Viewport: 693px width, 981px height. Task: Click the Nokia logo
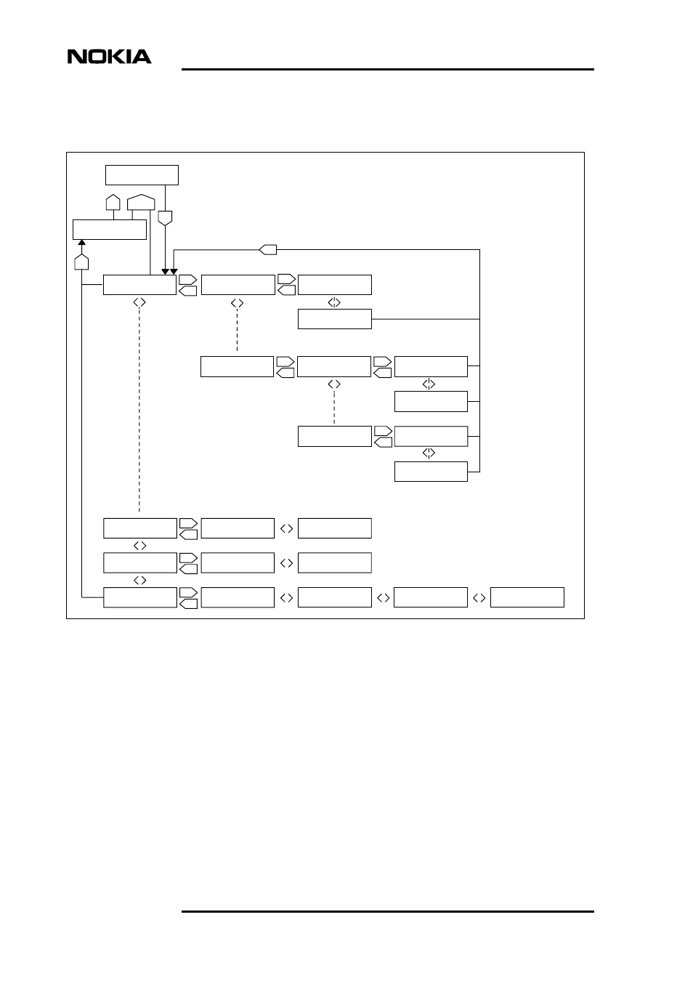(110, 57)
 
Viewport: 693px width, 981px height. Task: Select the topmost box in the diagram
(142, 175)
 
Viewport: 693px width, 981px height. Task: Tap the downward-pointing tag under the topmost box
(166, 217)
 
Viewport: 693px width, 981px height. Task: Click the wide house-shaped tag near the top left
(140, 202)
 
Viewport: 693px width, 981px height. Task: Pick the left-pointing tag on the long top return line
(268, 250)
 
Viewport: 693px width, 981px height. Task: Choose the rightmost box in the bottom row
(527, 597)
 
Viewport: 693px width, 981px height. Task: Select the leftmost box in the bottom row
(139, 597)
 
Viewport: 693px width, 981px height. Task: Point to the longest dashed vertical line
(139, 407)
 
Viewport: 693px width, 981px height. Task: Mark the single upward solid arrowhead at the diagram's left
(82, 243)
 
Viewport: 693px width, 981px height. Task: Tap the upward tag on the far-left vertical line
(81, 261)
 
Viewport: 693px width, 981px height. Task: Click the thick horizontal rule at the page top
(388, 70)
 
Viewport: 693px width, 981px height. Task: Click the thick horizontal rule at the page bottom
(388, 911)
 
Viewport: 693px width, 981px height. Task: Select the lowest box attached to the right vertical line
(431, 472)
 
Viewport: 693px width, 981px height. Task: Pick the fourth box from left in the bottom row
(431, 597)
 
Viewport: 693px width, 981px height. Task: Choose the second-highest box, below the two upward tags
(110, 230)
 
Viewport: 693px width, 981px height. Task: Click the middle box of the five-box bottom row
(334, 597)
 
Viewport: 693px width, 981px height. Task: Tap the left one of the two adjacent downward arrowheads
(165, 272)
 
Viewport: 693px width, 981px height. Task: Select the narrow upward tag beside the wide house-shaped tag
(113, 203)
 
